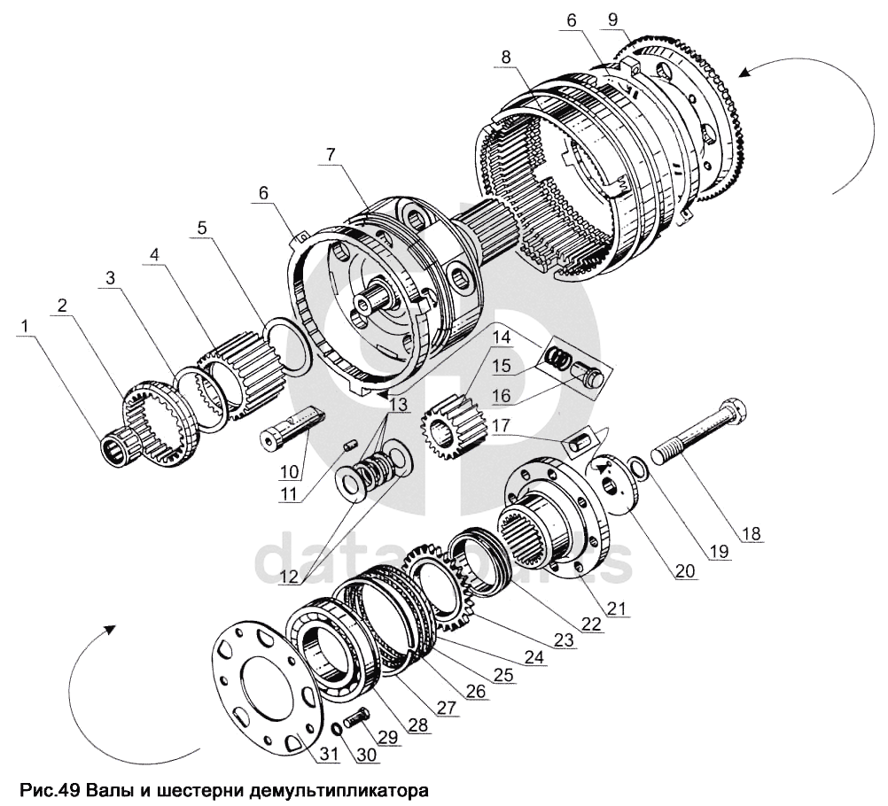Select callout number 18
pyautogui.click(x=751, y=533)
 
